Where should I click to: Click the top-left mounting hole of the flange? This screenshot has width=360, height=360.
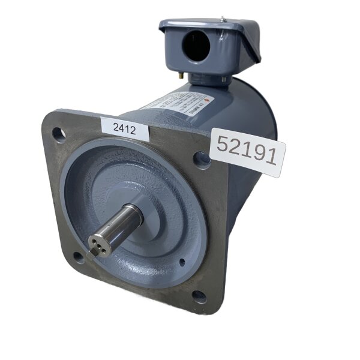58,133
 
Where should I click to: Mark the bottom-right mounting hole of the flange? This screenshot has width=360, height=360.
199,296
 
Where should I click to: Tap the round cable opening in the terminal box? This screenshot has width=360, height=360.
196,46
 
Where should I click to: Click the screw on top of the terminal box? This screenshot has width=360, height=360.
223,21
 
